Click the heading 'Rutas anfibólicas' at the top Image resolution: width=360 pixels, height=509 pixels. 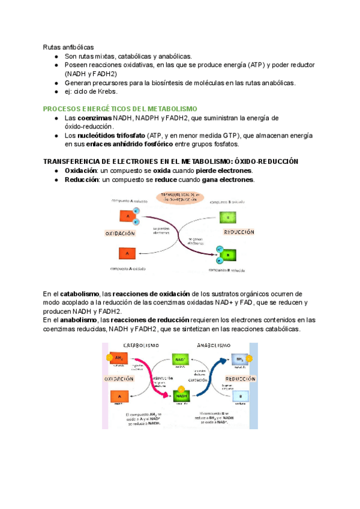[x=68, y=47]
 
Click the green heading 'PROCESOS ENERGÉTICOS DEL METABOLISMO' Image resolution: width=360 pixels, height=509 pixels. [x=120, y=109]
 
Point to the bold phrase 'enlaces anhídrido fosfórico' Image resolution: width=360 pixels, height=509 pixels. [x=129, y=144]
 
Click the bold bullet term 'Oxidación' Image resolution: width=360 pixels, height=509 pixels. [x=81, y=171]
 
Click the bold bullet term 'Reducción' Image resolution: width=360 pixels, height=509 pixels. [x=81, y=179]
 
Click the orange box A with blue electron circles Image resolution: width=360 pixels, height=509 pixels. [x=127, y=217]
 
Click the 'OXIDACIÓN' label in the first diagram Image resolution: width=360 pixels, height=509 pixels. [x=120, y=233]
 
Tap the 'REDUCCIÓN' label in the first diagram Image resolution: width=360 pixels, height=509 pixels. [x=239, y=232]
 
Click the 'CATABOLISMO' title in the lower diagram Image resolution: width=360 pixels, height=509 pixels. [x=142, y=346]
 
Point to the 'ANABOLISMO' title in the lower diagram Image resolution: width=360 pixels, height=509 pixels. [x=213, y=346]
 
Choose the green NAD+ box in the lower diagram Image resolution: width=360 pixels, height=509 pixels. [x=180, y=360]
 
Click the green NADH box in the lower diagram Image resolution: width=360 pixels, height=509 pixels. [x=180, y=396]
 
